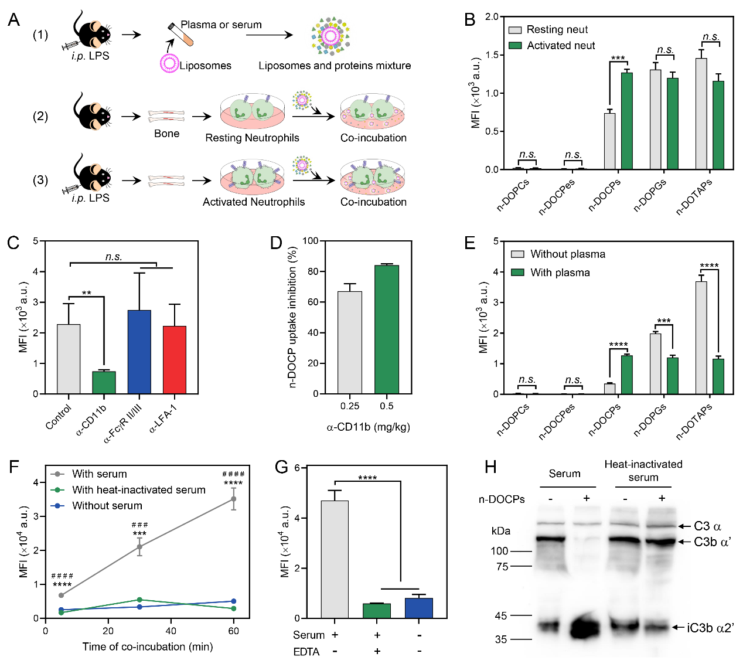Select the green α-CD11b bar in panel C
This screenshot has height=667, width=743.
pyautogui.click(x=104, y=382)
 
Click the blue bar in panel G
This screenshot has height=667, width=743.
pyautogui.click(x=419, y=608)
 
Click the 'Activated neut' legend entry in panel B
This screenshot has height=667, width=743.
pyautogui.click(x=560, y=46)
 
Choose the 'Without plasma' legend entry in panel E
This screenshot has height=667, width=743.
pyautogui.click(x=567, y=254)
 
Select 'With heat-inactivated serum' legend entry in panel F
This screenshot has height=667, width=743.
pyautogui.click(x=138, y=490)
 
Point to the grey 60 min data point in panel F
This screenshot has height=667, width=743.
pyautogui.click(x=234, y=499)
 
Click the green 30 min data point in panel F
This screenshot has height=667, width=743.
pyautogui.click(x=139, y=600)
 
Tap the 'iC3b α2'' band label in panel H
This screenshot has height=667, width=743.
pyautogui.click(x=710, y=628)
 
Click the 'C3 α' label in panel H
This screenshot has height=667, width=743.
pyautogui.click(x=707, y=526)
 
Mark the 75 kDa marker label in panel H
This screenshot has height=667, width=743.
pyautogui.click(x=501, y=567)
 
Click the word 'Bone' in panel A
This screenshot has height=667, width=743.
pyautogui.click(x=166, y=134)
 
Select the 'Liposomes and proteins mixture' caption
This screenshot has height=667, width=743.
pyautogui.click(x=335, y=66)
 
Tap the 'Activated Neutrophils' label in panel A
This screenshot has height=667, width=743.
pyautogui.click(x=254, y=202)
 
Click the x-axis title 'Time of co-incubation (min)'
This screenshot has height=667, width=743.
pyautogui.click(x=148, y=647)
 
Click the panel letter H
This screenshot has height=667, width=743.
pyautogui.click(x=490, y=467)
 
